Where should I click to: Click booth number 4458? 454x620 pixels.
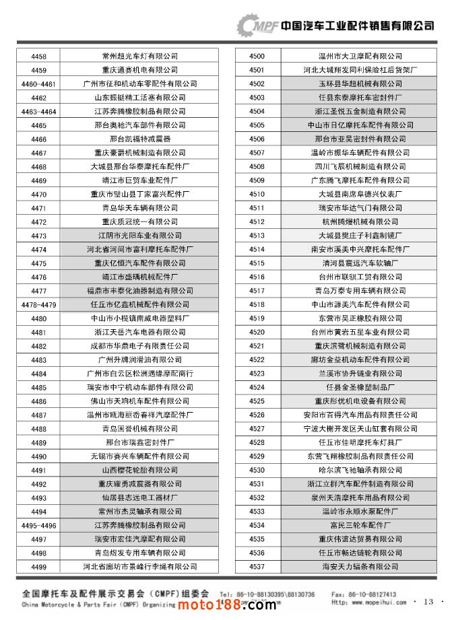[38, 56]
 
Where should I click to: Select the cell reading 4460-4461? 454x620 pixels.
[38, 83]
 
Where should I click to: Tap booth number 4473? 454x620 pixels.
[38, 236]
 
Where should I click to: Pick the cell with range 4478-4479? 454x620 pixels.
[38, 304]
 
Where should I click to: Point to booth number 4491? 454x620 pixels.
[38, 470]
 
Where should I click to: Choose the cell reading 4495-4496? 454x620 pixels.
[38, 525]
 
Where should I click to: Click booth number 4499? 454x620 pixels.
[38, 567]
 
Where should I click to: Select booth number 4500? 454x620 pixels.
[257, 56]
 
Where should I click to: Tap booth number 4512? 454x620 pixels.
[257, 221]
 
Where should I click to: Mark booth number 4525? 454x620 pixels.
[257, 401]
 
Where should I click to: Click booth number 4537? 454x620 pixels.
[257, 567]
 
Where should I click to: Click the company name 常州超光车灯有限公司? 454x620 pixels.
[139, 56]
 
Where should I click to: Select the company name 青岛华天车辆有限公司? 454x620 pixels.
[139, 208]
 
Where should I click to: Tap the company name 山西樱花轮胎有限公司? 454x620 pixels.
[139, 470]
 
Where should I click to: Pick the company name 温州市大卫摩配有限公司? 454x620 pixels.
[360, 56]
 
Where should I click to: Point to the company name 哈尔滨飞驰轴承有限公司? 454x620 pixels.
[360, 470]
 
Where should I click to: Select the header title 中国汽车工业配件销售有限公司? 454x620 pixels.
[357, 26]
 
